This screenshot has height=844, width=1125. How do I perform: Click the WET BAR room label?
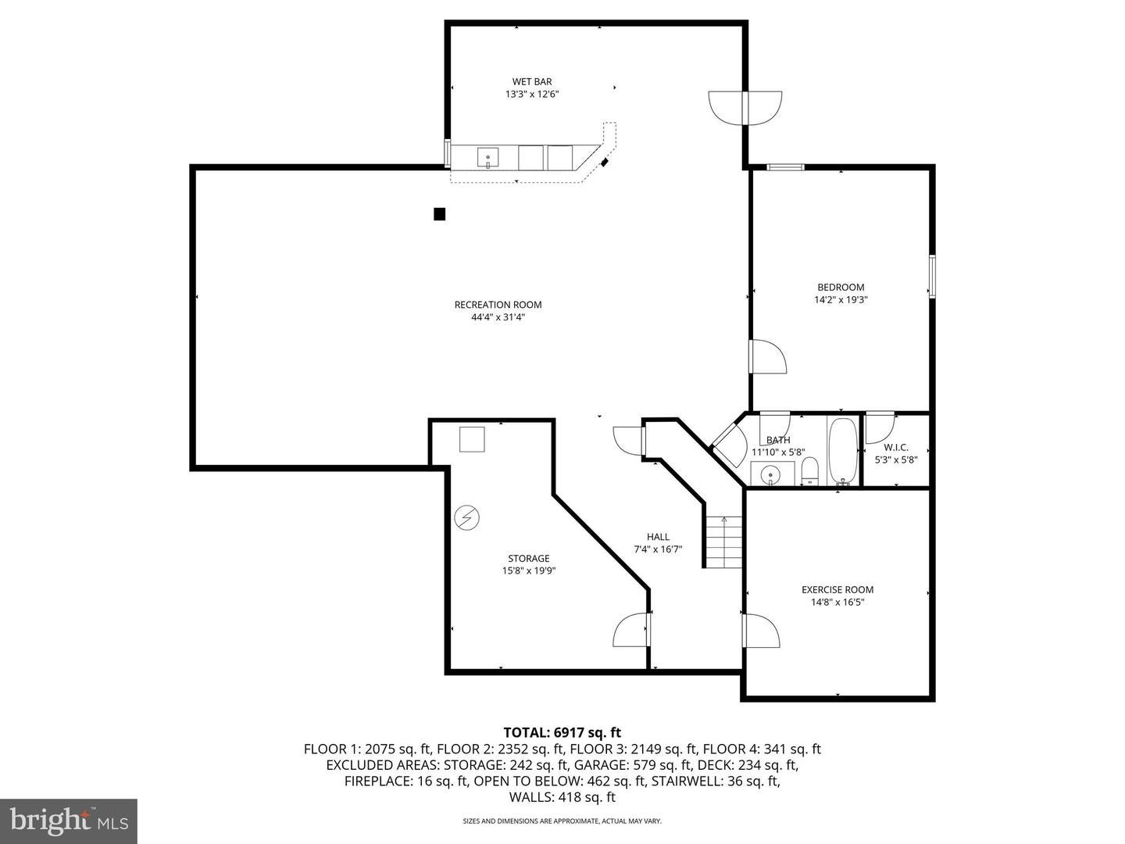click(x=531, y=81)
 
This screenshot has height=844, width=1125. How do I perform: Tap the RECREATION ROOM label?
click(x=498, y=305)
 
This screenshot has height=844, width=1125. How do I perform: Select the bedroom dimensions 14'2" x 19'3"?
click(x=841, y=299)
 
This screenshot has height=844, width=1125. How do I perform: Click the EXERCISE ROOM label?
click(x=837, y=590)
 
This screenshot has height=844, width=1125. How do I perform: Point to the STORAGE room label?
click(x=529, y=559)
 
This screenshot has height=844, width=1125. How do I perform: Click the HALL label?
click(x=658, y=537)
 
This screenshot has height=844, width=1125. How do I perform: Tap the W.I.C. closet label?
click(x=895, y=447)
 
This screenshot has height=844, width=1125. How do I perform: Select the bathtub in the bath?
click(x=843, y=451)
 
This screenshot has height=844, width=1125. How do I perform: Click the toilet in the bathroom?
click(x=809, y=470)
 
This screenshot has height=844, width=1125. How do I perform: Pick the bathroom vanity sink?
click(x=771, y=474)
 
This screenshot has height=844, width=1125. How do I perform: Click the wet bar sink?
click(x=488, y=158)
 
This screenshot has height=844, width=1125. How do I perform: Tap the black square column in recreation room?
click(x=440, y=214)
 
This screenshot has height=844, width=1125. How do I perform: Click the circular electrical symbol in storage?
click(x=466, y=518)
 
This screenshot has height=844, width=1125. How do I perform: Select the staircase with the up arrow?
click(x=723, y=542)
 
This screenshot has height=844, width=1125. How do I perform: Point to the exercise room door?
click(x=759, y=630)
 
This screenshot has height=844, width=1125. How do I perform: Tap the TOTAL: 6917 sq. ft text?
click(x=562, y=732)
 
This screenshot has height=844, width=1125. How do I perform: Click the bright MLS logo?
click(x=69, y=821)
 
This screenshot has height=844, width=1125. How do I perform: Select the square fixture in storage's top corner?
click(x=472, y=439)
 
